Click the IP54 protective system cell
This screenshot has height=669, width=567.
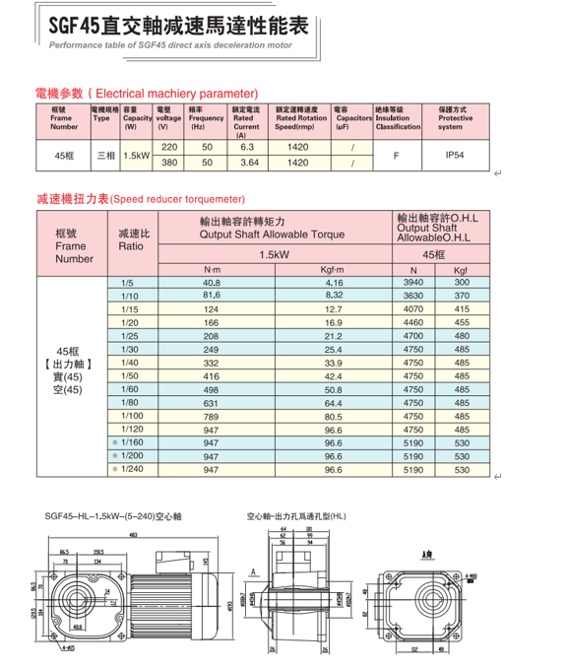(454, 155)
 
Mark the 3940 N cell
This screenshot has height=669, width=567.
(413, 283)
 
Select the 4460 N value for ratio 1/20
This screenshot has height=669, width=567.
(413, 322)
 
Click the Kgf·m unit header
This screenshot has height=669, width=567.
(333, 269)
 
